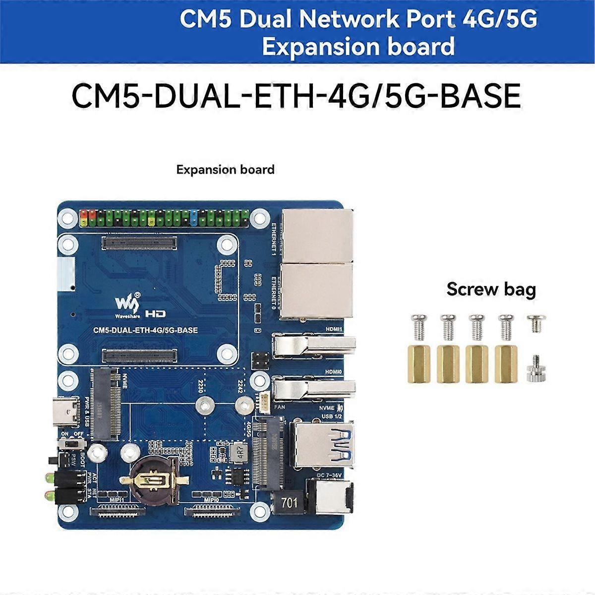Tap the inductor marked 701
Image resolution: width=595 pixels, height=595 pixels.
[x=289, y=503]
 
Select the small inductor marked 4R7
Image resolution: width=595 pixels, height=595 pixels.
[x=241, y=453]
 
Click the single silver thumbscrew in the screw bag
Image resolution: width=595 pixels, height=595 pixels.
[x=535, y=368]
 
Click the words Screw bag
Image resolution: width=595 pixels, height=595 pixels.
[x=491, y=289]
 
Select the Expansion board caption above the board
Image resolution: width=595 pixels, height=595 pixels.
[x=225, y=170]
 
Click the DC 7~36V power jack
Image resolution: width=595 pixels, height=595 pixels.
[x=331, y=498]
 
